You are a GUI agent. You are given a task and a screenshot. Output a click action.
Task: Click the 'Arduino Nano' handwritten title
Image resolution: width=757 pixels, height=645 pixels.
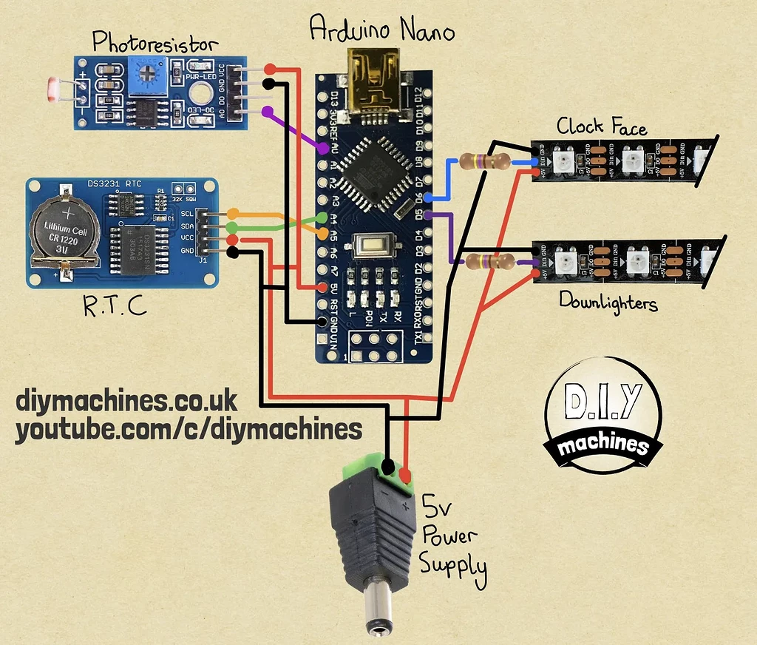[x=381, y=29]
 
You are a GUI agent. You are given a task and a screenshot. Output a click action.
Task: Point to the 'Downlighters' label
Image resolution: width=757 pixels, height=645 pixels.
[x=608, y=301]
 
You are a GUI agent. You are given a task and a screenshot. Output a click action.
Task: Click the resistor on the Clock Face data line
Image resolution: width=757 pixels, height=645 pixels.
[x=484, y=161]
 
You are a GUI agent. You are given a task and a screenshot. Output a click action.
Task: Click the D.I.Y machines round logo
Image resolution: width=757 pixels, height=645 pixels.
[x=602, y=418]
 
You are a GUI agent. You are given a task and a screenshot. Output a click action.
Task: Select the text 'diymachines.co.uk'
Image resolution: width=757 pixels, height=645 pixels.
[x=126, y=401]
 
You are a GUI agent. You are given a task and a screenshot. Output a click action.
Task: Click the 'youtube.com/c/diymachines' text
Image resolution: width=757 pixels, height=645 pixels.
[x=189, y=429]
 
